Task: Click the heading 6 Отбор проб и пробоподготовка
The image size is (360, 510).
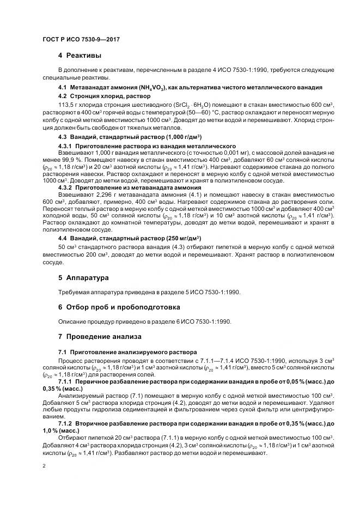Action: tap(119, 307)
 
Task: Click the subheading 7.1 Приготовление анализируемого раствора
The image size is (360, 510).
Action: tap(127, 353)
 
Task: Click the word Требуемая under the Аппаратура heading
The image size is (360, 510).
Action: tap(76, 293)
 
